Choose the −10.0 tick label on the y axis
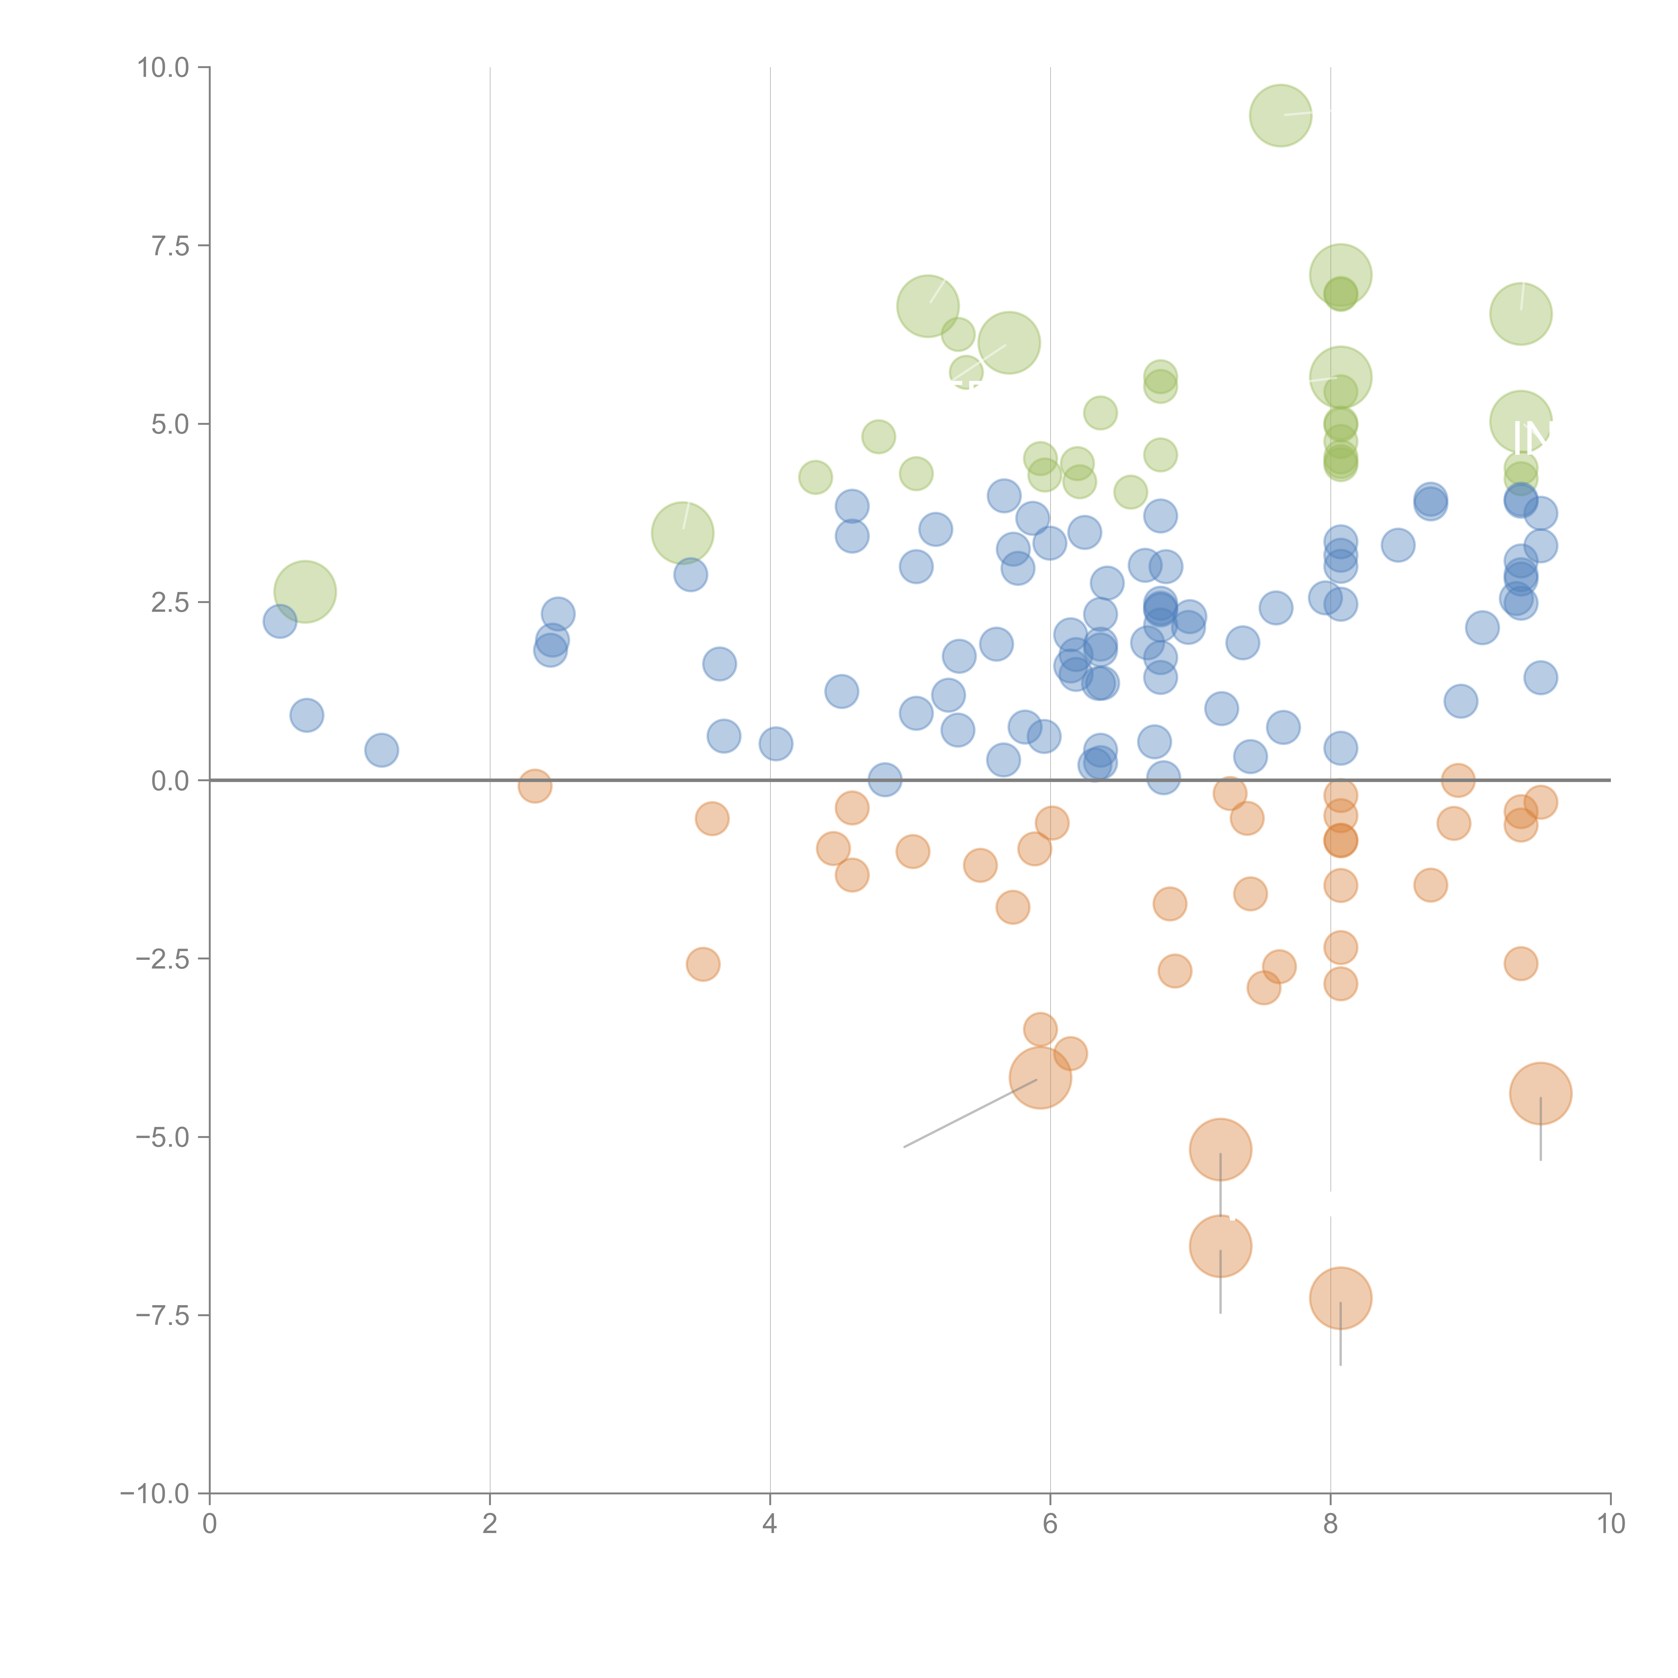[155, 1494]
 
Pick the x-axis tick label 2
[490, 1524]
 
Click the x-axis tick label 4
[770, 1524]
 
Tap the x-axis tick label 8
[1330, 1524]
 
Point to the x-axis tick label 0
[209, 1524]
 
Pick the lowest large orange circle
[1340, 1298]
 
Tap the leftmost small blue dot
[280, 621]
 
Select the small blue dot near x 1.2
[381, 749]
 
